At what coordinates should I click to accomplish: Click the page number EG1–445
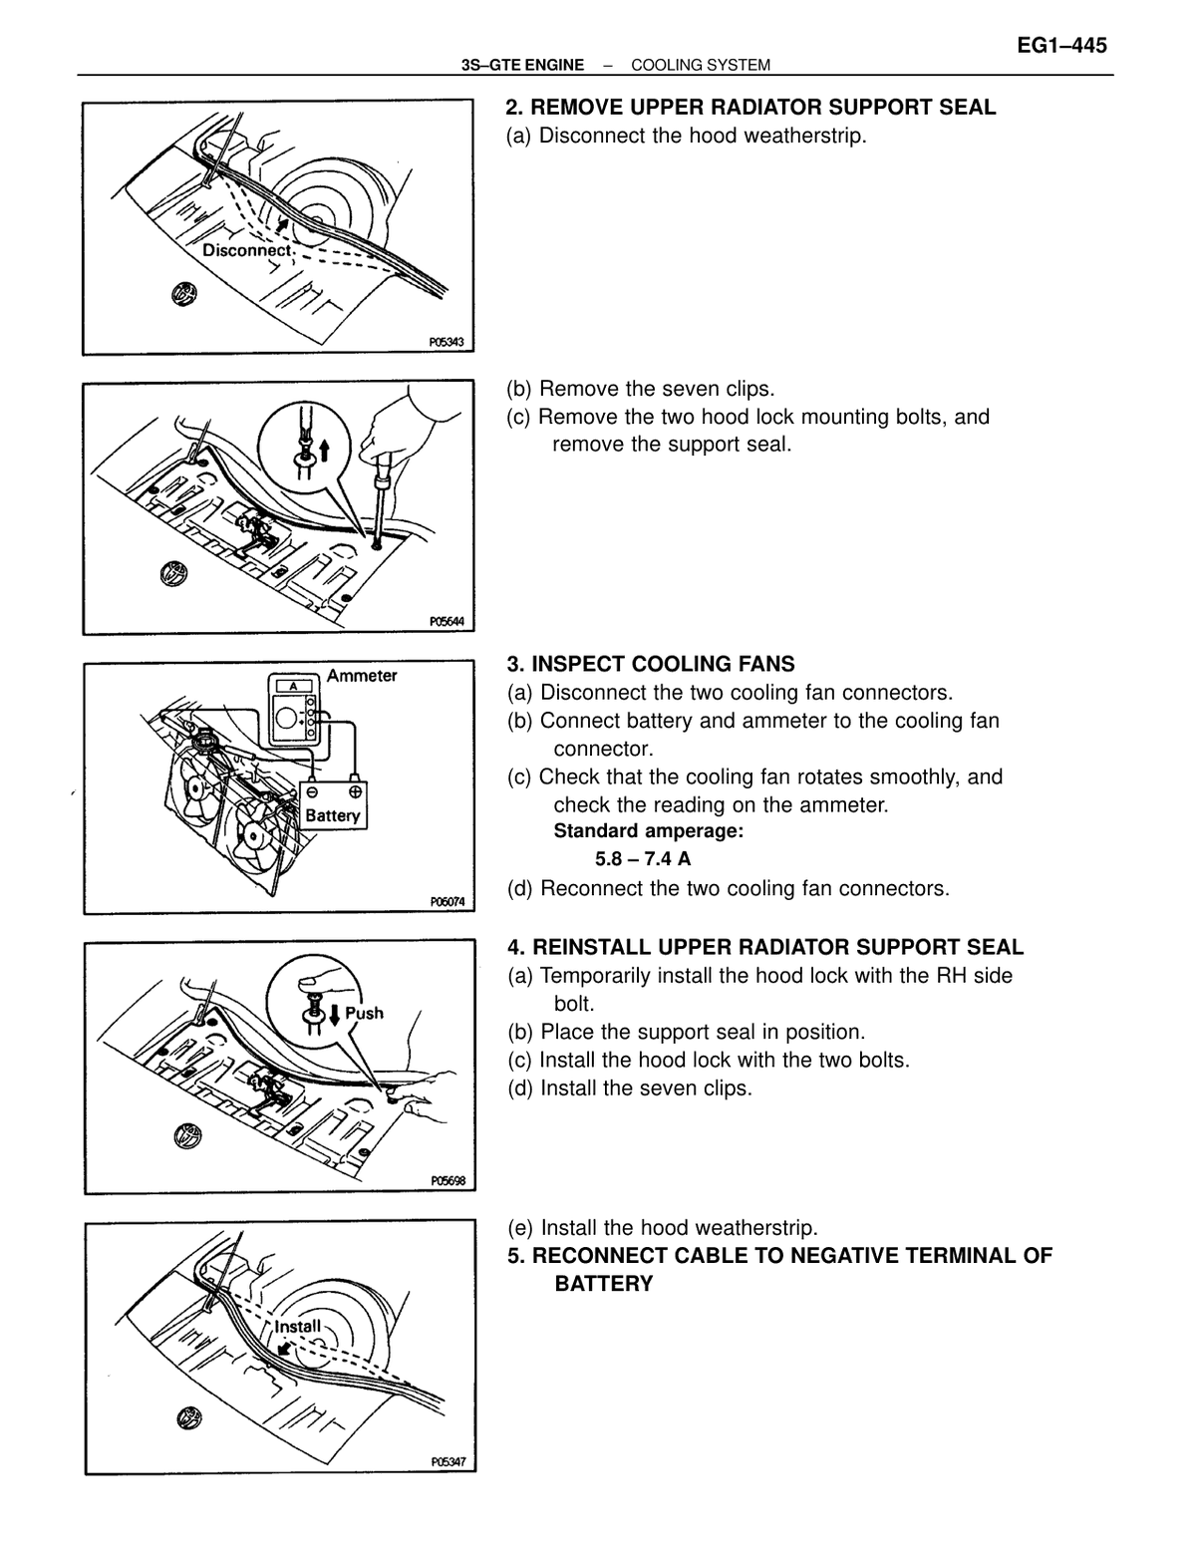click(1061, 46)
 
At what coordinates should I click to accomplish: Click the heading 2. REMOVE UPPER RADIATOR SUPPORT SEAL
click(749, 108)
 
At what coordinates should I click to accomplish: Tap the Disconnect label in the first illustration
click(247, 250)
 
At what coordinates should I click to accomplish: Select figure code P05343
click(447, 343)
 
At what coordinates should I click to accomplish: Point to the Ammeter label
click(362, 676)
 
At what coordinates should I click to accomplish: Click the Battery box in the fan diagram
click(332, 805)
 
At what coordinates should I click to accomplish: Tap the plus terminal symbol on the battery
click(355, 791)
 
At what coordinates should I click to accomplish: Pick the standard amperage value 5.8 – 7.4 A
click(643, 858)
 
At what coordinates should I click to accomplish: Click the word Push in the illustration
click(364, 1013)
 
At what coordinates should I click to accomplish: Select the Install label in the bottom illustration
click(297, 1327)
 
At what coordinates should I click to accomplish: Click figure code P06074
click(447, 902)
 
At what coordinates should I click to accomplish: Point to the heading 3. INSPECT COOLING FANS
click(650, 664)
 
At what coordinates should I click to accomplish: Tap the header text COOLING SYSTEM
click(700, 66)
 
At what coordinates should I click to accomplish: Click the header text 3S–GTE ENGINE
click(522, 66)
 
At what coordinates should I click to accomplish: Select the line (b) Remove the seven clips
click(640, 390)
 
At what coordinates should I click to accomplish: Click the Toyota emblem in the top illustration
click(184, 293)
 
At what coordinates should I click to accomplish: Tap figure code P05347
click(448, 1462)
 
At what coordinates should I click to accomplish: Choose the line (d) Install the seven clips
click(630, 1087)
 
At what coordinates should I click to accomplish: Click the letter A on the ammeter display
click(293, 686)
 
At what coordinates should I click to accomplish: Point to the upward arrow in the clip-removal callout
click(325, 450)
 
